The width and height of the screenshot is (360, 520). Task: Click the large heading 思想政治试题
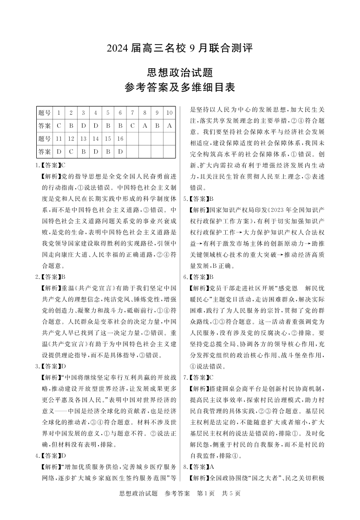179,72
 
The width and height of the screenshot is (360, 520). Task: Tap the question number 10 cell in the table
169,113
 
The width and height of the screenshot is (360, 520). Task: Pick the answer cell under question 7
132,125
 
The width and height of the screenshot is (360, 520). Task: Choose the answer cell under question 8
144,125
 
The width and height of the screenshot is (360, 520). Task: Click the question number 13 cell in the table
83,138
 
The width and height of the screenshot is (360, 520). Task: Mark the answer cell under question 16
120,151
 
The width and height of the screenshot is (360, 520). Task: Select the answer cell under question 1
59,125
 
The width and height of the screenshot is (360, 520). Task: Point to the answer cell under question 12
71,151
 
